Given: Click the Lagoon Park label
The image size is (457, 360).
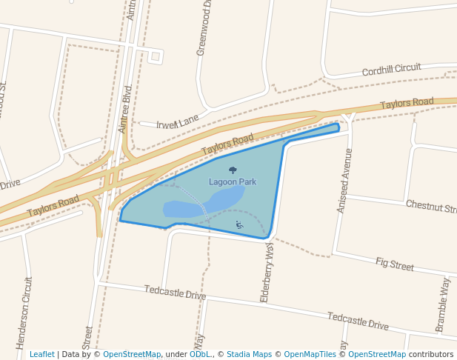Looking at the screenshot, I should (x=233, y=181).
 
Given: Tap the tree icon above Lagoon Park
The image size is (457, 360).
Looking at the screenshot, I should (x=233, y=170).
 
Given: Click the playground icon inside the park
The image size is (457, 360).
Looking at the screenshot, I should (x=239, y=224).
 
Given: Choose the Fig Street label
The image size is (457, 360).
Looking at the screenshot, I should (x=395, y=264).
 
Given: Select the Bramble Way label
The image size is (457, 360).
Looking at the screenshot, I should (x=442, y=304).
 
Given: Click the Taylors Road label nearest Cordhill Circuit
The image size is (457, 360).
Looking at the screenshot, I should (x=407, y=104).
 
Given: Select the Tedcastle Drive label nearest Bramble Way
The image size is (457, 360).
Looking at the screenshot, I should (x=358, y=321).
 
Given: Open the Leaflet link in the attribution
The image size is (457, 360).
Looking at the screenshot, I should (x=41, y=354).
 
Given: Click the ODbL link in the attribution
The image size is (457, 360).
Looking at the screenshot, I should (x=200, y=354).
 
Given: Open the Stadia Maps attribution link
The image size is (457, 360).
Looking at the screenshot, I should (x=249, y=354).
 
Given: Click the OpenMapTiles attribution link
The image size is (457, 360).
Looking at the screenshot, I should (x=310, y=354).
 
